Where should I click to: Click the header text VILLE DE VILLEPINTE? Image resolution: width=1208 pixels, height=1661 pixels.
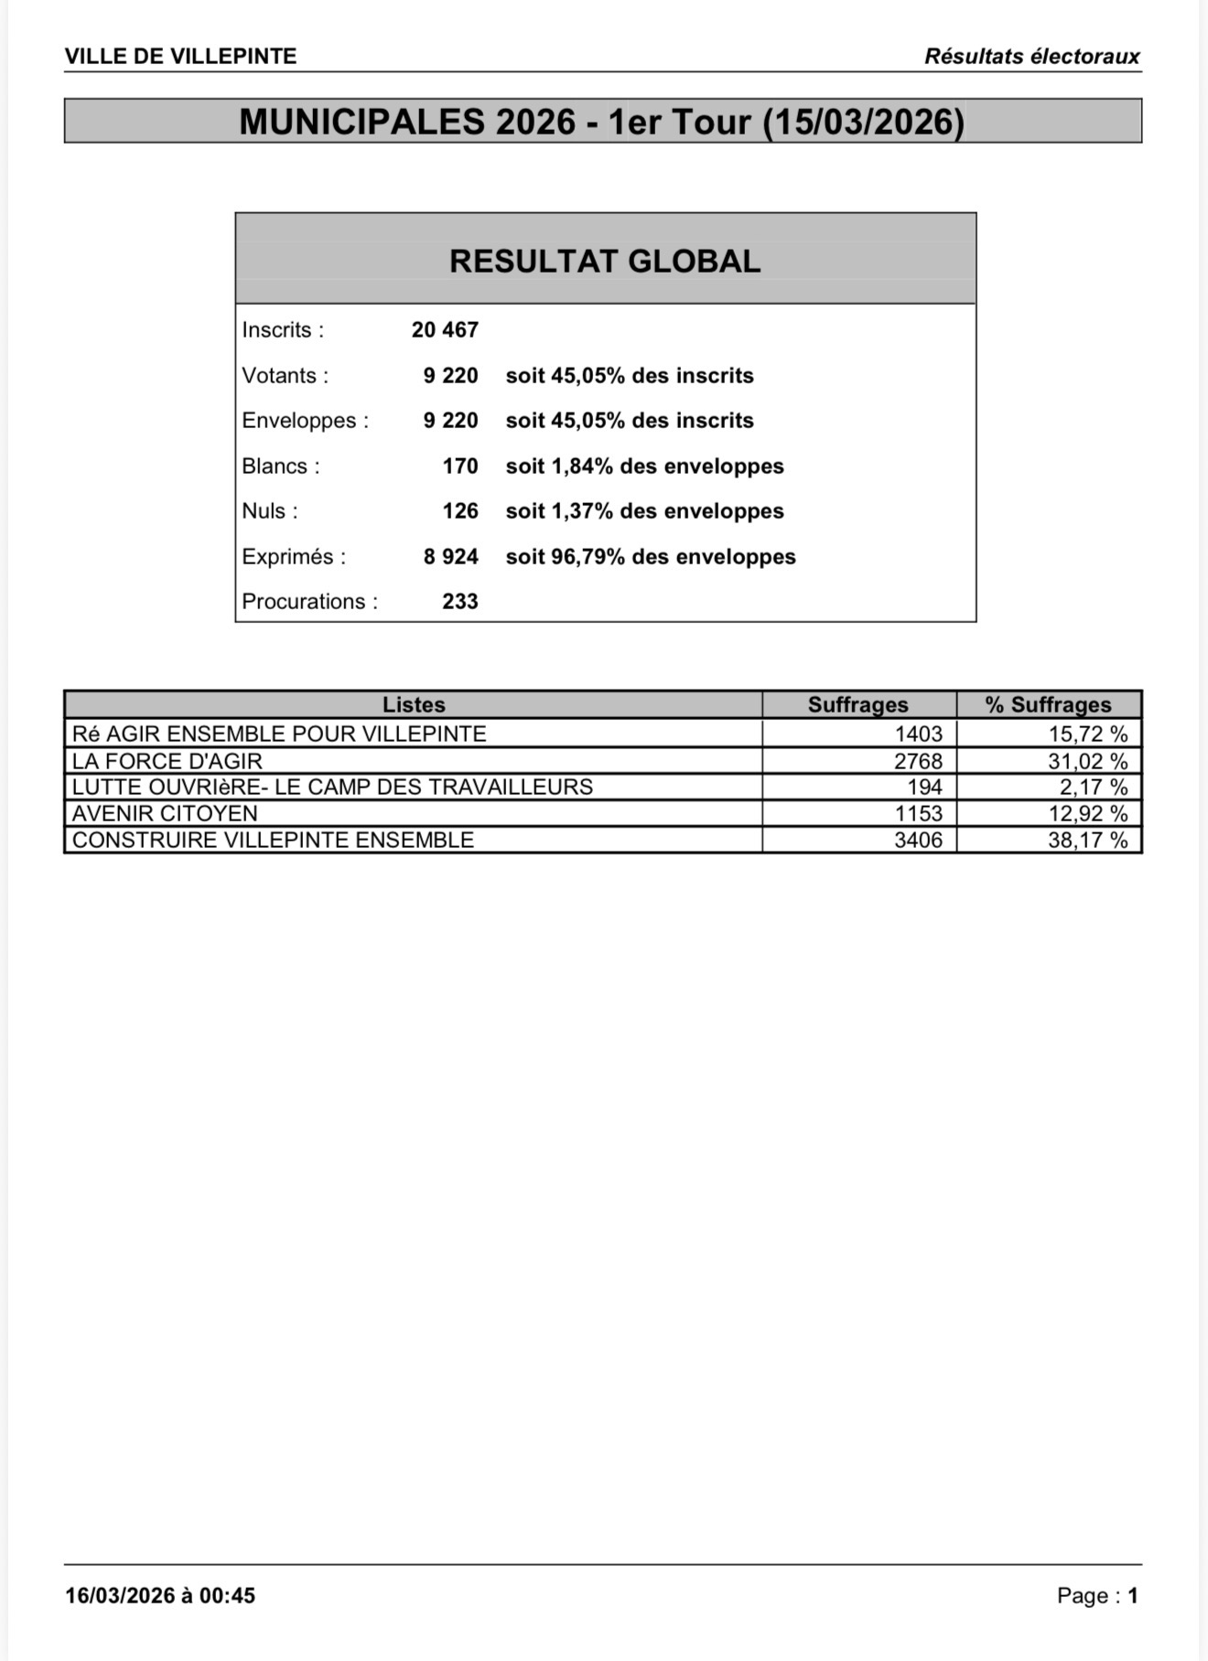tap(180, 57)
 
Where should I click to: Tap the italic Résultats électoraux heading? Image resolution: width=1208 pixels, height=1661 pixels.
tap(1031, 57)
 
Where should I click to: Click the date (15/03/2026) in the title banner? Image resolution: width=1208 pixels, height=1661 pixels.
tap(864, 122)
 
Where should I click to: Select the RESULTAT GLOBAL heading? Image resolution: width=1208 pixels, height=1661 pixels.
tap(605, 262)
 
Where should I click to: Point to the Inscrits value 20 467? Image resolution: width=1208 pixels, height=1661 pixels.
tap(445, 330)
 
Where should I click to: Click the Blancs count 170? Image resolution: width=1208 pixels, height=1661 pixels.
tap(460, 466)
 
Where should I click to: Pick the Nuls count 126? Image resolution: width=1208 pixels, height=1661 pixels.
tap(460, 511)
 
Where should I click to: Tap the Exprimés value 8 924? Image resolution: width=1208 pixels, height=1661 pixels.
tap(450, 557)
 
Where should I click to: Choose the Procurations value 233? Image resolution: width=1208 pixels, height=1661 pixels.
tap(460, 602)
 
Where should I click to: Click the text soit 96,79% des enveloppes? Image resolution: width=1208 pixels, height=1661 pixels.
tap(651, 557)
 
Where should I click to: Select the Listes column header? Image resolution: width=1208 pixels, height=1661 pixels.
tap(414, 705)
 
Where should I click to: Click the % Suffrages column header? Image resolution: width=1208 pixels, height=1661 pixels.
tap(1048, 705)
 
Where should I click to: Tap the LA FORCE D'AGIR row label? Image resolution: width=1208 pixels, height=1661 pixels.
tap(167, 761)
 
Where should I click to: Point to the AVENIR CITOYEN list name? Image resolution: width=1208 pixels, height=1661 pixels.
tap(165, 813)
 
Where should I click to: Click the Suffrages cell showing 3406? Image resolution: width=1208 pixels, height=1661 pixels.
tap(918, 840)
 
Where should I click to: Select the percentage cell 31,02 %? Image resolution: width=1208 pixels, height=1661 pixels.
tap(1087, 761)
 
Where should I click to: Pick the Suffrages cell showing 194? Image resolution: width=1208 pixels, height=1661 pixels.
tap(924, 787)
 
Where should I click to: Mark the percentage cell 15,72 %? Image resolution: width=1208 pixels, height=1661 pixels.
tap(1087, 734)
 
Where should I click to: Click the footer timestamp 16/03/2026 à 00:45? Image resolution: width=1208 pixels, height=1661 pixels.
tap(160, 1596)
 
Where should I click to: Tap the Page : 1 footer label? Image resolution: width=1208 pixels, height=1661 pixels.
tap(1097, 1596)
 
